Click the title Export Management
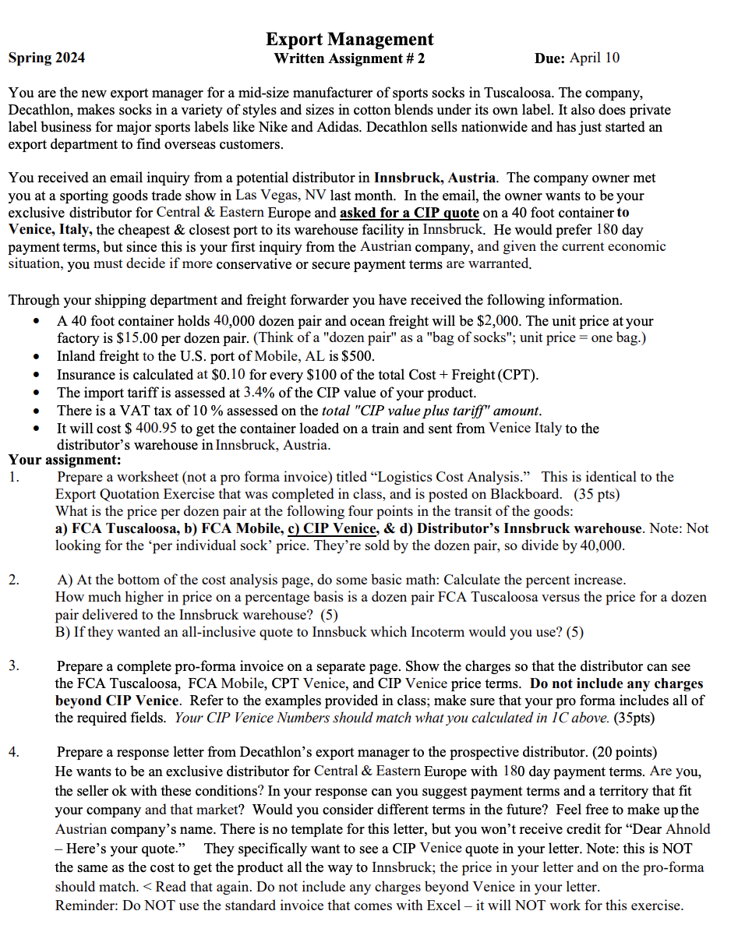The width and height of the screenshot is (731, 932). pos(349,39)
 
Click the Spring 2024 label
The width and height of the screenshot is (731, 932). pos(47,58)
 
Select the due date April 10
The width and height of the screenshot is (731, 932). pos(595,58)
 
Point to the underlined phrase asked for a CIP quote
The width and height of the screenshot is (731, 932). pos(410,212)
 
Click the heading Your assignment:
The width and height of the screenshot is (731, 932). pos(58,460)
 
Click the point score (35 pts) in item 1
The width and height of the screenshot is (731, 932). pos(597,493)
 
